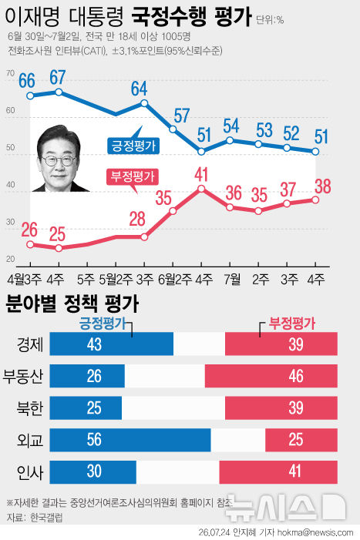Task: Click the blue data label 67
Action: [58, 78]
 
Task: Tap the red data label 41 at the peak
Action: [201, 174]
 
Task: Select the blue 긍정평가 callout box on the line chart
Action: [133, 146]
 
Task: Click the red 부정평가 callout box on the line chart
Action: [133, 177]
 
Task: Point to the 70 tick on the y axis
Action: [10, 73]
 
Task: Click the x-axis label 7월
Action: [232, 279]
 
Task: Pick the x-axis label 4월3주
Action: [24, 279]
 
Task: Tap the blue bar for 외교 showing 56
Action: [130, 440]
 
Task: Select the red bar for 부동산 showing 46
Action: [271, 376]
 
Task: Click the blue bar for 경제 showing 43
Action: [112, 344]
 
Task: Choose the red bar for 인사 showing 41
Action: [278, 472]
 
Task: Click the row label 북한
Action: [30, 408]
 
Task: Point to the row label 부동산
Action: [23, 376]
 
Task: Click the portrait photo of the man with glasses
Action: [59, 159]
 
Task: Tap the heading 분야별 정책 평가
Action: [72, 304]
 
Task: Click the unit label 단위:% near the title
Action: [270, 20]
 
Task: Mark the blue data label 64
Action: [140, 89]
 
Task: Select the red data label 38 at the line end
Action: [323, 186]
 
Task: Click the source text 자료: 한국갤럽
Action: [35, 517]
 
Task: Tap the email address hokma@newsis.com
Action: [315, 533]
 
